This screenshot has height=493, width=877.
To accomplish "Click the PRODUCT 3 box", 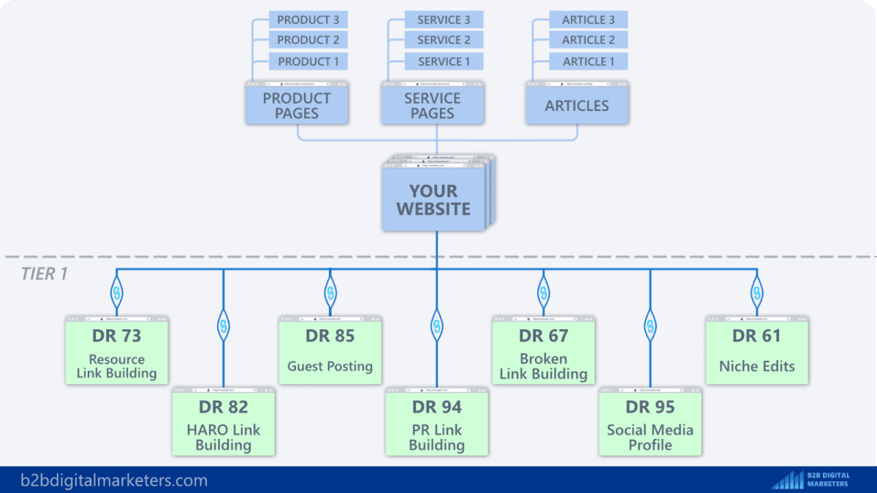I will (x=308, y=20).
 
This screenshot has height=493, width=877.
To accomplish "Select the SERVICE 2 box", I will (x=444, y=40).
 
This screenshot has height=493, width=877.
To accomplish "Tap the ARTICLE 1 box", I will (x=588, y=61).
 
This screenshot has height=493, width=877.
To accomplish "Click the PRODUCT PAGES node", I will (x=297, y=105).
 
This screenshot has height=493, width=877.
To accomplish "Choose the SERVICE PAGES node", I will (x=433, y=105).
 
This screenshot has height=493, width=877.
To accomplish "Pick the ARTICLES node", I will (x=577, y=105).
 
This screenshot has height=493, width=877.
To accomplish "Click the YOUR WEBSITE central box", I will (x=433, y=199).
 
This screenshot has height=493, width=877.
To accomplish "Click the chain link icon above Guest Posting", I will (x=330, y=294).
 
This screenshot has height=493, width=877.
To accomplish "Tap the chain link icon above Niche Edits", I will (x=757, y=294).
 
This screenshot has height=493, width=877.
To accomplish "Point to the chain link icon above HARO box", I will (x=224, y=324).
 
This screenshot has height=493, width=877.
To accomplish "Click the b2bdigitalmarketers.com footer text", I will (x=114, y=481).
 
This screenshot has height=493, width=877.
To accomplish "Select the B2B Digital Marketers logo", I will (x=811, y=480).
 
